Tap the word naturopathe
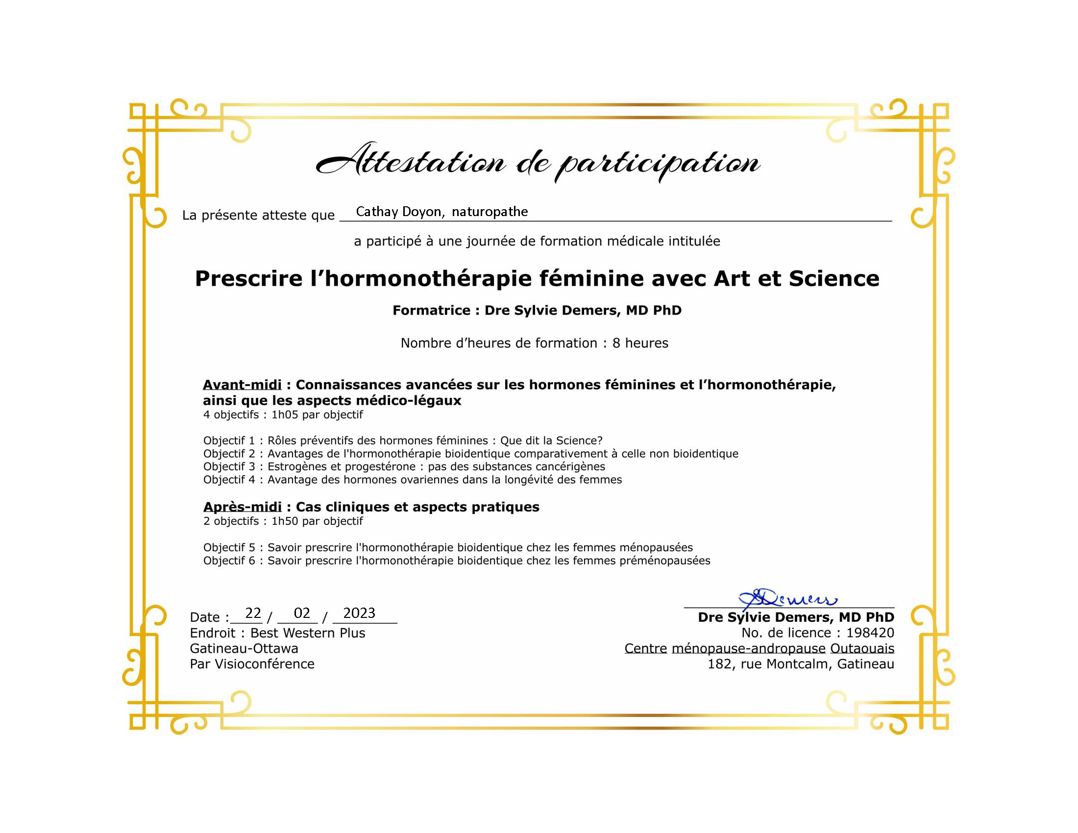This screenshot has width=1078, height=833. pyautogui.click(x=490, y=212)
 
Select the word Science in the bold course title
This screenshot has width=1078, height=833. pyautogui.click(x=833, y=278)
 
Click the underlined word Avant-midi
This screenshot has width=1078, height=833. pyautogui.click(x=242, y=385)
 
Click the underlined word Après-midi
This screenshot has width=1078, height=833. pyautogui.click(x=243, y=507)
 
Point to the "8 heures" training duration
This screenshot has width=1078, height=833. pyautogui.click(x=640, y=343)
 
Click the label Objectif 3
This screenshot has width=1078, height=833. pyautogui.click(x=229, y=466)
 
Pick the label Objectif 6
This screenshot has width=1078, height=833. pyautogui.click(x=229, y=561)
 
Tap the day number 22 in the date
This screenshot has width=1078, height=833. pyautogui.click(x=253, y=613)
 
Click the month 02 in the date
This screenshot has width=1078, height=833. pyautogui.click(x=301, y=613)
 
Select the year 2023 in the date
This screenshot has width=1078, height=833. pyautogui.click(x=359, y=613)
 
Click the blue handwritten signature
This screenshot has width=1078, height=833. pyautogui.click(x=787, y=598)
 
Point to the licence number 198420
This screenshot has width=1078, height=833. pyautogui.click(x=870, y=633)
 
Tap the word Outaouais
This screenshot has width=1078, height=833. pyautogui.click(x=862, y=648)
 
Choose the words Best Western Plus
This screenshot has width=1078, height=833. pyautogui.click(x=308, y=633)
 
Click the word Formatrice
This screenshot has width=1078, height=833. pyautogui.click(x=431, y=310)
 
